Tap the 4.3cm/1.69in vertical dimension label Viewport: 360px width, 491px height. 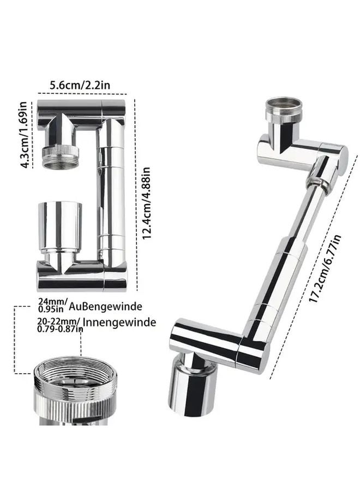(23, 134)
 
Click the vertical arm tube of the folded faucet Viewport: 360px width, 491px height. (112, 191)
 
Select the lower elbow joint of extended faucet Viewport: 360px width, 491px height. (251, 349)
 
